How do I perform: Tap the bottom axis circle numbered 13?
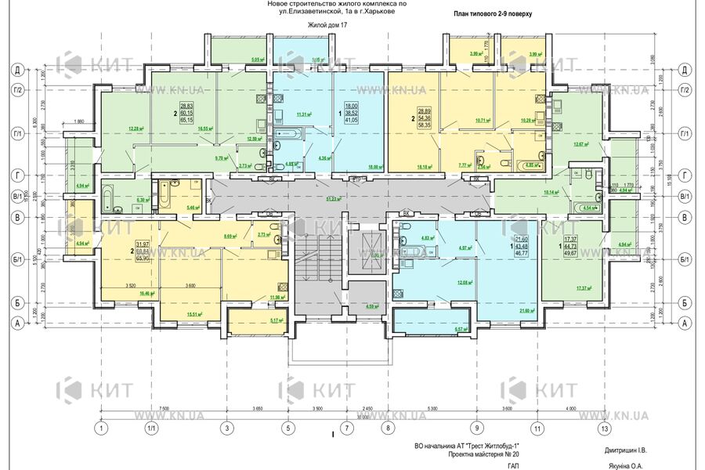coord(602,428)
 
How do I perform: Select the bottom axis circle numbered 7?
coord(345,428)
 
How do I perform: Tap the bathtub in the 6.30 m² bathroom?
coord(109,192)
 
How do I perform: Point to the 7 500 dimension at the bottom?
coord(164,409)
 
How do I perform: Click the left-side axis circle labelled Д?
coord(16,70)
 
